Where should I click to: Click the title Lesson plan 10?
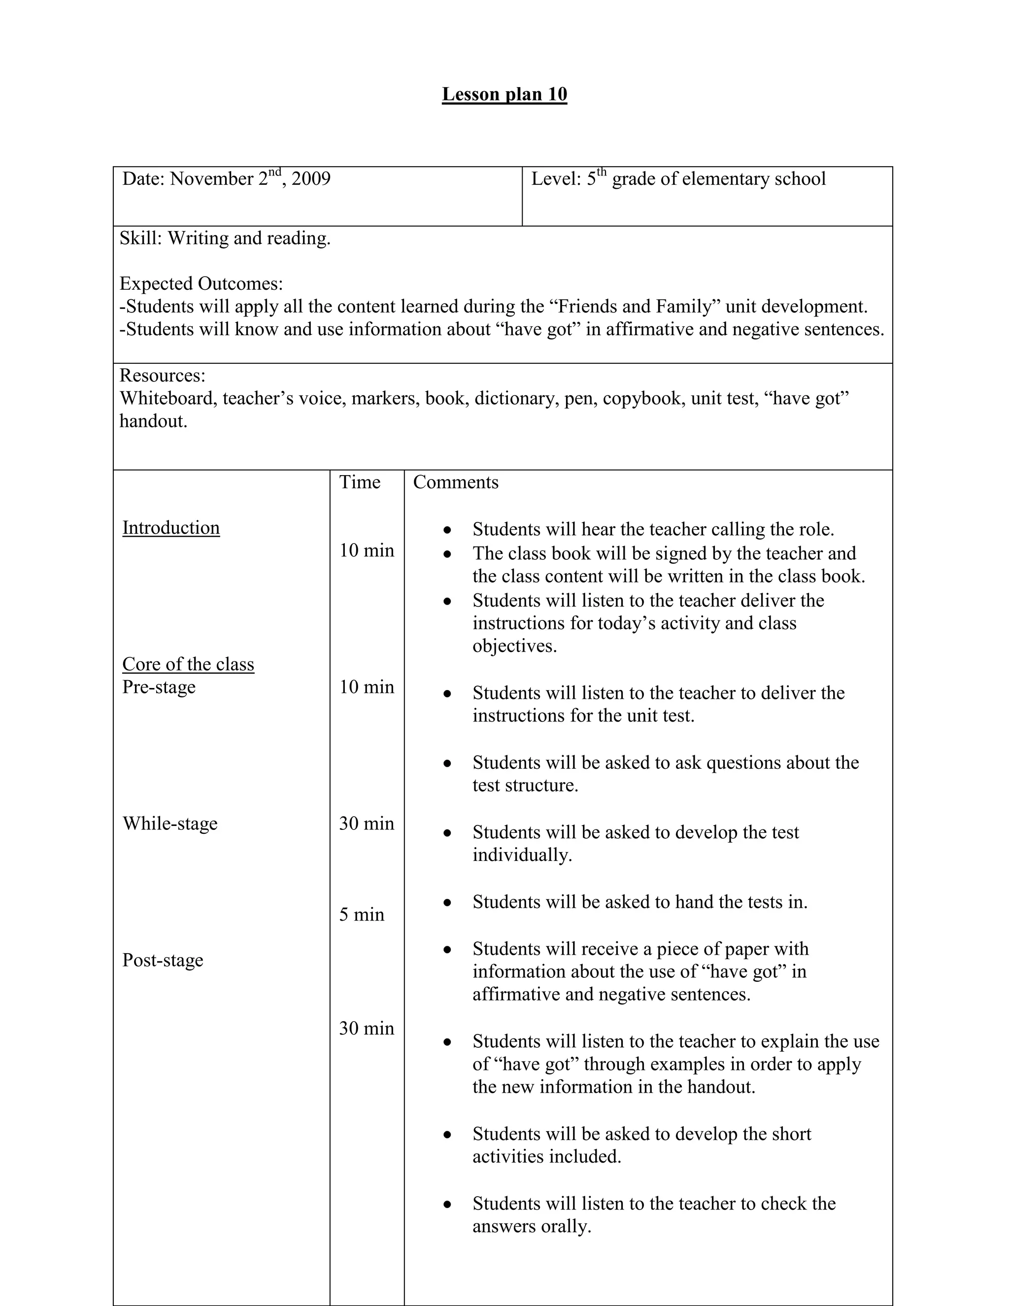pos(504,95)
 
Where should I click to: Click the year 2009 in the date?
pos(311,179)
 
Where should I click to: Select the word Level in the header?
pos(553,179)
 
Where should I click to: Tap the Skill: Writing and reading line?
pos(225,238)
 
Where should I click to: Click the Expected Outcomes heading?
pos(201,283)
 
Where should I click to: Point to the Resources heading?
pos(162,376)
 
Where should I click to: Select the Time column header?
pos(359,482)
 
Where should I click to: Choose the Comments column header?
pos(456,482)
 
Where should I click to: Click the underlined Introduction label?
pos(171,527)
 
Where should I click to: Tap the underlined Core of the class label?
pos(188,664)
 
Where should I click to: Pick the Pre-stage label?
pos(159,687)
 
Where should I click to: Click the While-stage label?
pos(170,824)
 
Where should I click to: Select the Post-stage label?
pos(163,960)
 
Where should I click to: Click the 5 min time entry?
pos(362,914)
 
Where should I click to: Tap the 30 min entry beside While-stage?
pos(367,824)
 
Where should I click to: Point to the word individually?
pos(522,855)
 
